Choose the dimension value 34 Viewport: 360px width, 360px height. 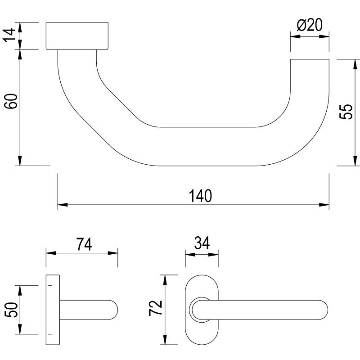tap(202, 244)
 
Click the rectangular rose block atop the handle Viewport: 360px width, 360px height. tap(77, 36)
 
